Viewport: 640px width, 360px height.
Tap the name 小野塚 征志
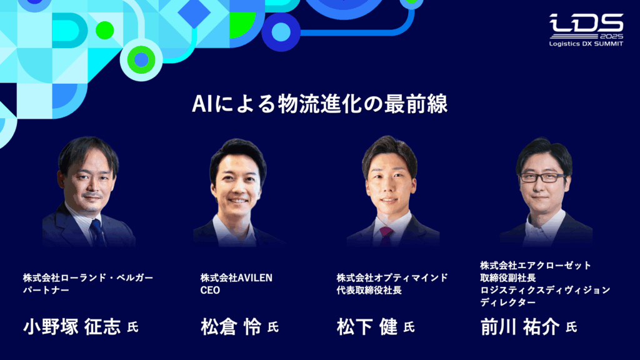click(x=72, y=327)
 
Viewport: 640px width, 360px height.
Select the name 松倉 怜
click(x=231, y=327)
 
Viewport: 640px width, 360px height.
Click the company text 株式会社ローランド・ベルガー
click(x=88, y=277)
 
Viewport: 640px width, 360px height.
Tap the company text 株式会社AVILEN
click(x=236, y=277)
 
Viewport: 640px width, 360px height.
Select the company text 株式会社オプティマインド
click(x=392, y=277)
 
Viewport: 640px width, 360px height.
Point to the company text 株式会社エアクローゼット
click(x=536, y=265)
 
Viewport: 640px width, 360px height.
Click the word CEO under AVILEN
click(x=210, y=290)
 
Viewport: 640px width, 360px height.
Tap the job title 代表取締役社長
click(x=369, y=290)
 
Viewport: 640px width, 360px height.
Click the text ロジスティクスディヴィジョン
click(x=545, y=290)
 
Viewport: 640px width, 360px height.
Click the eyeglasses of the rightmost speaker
click(x=542, y=177)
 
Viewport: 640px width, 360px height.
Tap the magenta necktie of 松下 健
click(x=386, y=234)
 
